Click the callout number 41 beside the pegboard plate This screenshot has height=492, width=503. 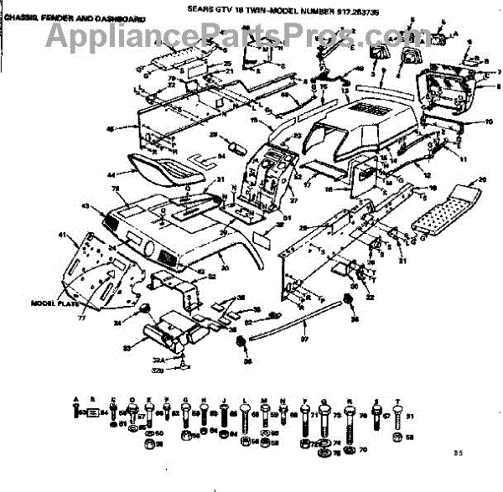pos(60,236)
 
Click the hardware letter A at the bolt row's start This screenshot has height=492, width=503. pos(76,400)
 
